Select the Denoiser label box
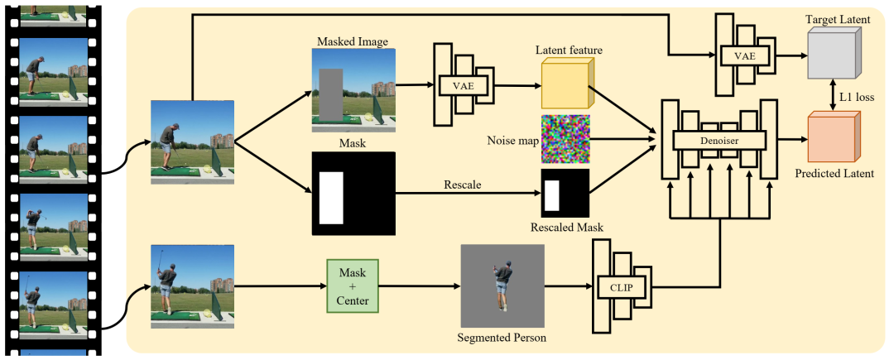(x=719, y=140)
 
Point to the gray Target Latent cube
(x=834, y=54)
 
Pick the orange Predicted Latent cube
(x=834, y=137)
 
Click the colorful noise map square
(x=565, y=139)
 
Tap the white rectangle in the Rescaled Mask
(x=551, y=194)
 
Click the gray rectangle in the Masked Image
(x=330, y=95)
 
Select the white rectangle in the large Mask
(x=331, y=198)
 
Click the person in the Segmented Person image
(x=501, y=286)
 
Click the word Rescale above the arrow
(x=462, y=185)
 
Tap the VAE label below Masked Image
(x=464, y=86)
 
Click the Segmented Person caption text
(x=502, y=338)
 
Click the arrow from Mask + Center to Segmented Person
(x=419, y=286)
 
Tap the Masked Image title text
(x=353, y=41)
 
